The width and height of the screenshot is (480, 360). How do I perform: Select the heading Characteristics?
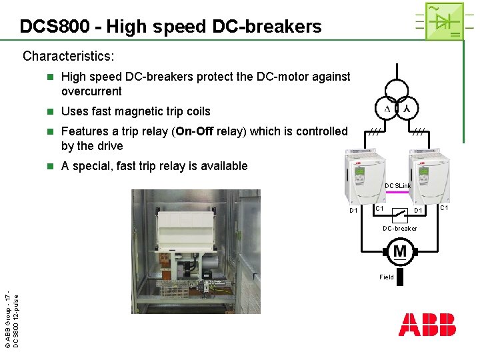tap(69, 56)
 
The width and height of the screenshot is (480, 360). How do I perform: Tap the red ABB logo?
tap(427, 325)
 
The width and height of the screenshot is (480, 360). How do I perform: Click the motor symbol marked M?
tap(400, 251)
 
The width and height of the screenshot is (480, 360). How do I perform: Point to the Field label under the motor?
tap(387, 277)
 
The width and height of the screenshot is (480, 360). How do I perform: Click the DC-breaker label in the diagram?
tap(399, 229)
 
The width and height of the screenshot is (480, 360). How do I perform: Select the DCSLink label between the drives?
tap(397, 185)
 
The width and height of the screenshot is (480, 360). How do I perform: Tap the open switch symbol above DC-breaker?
tap(399, 214)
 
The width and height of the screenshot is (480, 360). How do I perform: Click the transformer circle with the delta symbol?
tap(387, 108)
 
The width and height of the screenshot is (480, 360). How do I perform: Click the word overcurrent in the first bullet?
tap(91, 91)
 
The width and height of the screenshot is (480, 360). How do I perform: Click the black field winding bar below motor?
tap(400, 276)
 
